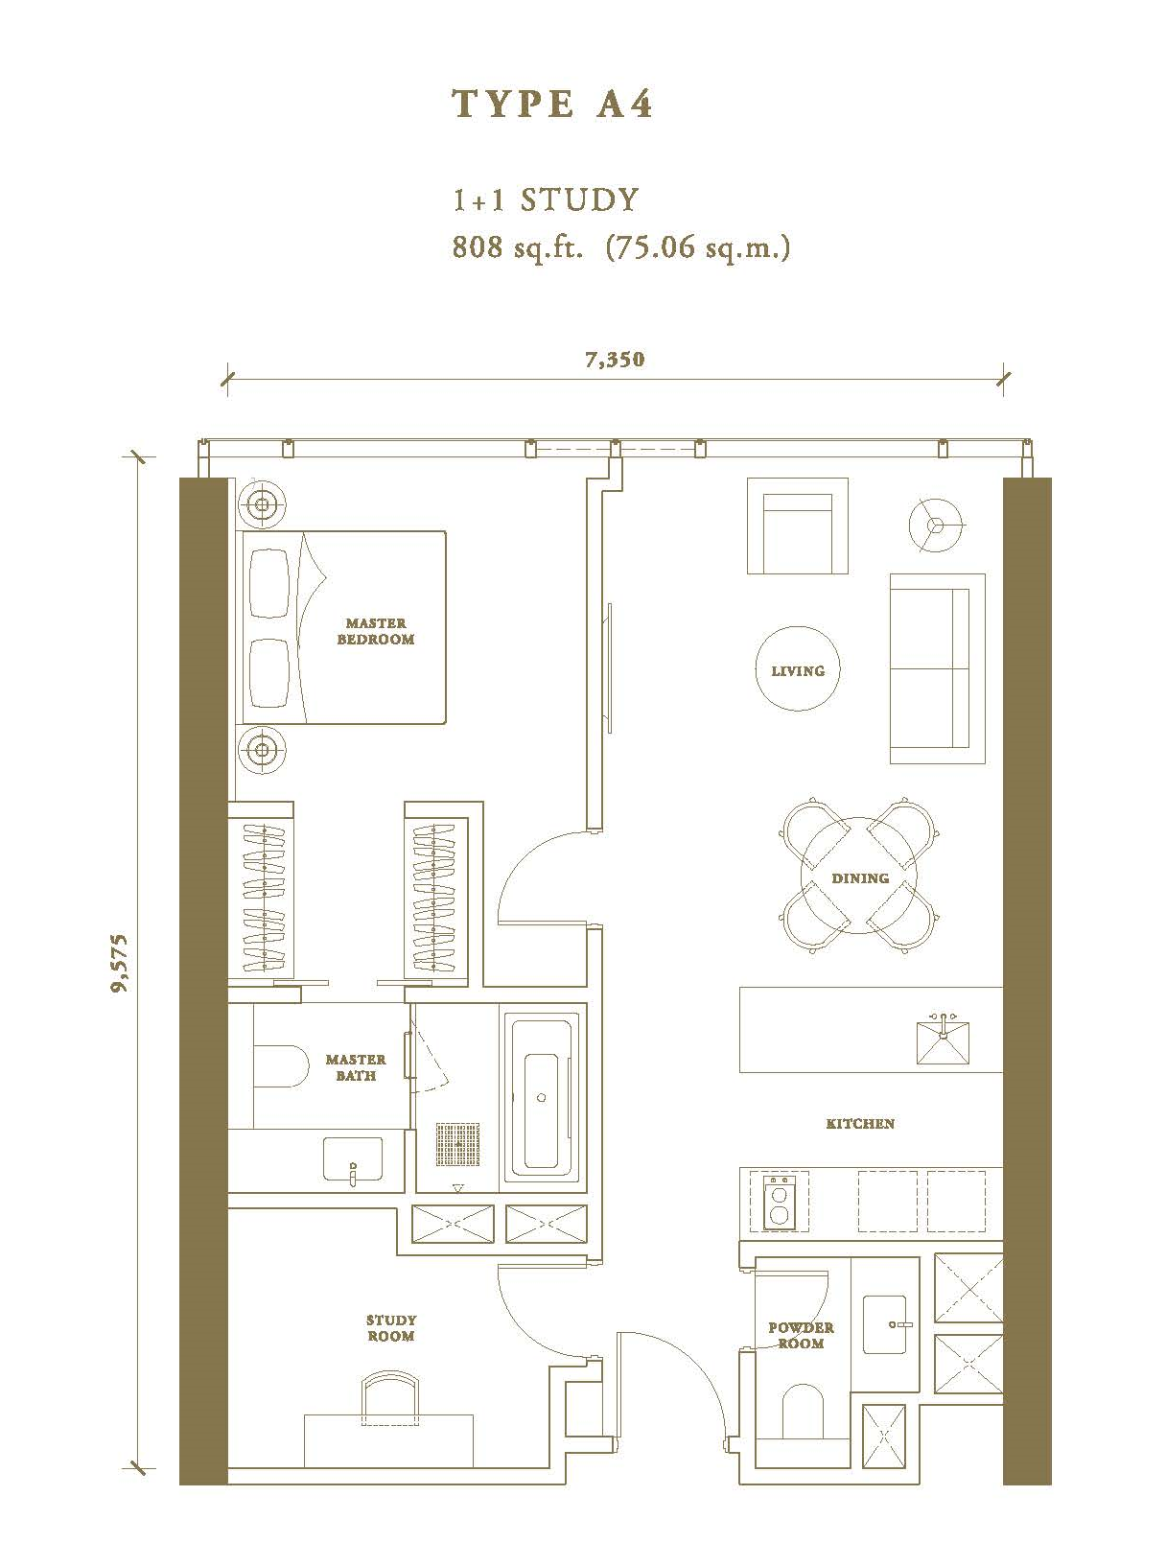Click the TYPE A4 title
click(552, 105)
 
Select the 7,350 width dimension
click(616, 359)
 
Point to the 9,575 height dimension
click(121, 963)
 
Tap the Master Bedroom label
click(376, 631)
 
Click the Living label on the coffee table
click(798, 670)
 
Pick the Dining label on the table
click(859, 878)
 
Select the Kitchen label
click(860, 1123)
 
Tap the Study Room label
click(391, 1328)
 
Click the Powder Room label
click(801, 1335)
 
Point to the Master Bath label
click(356, 1067)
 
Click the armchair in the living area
click(798, 526)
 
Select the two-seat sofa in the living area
click(937, 668)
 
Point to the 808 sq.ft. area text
click(517, 247)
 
